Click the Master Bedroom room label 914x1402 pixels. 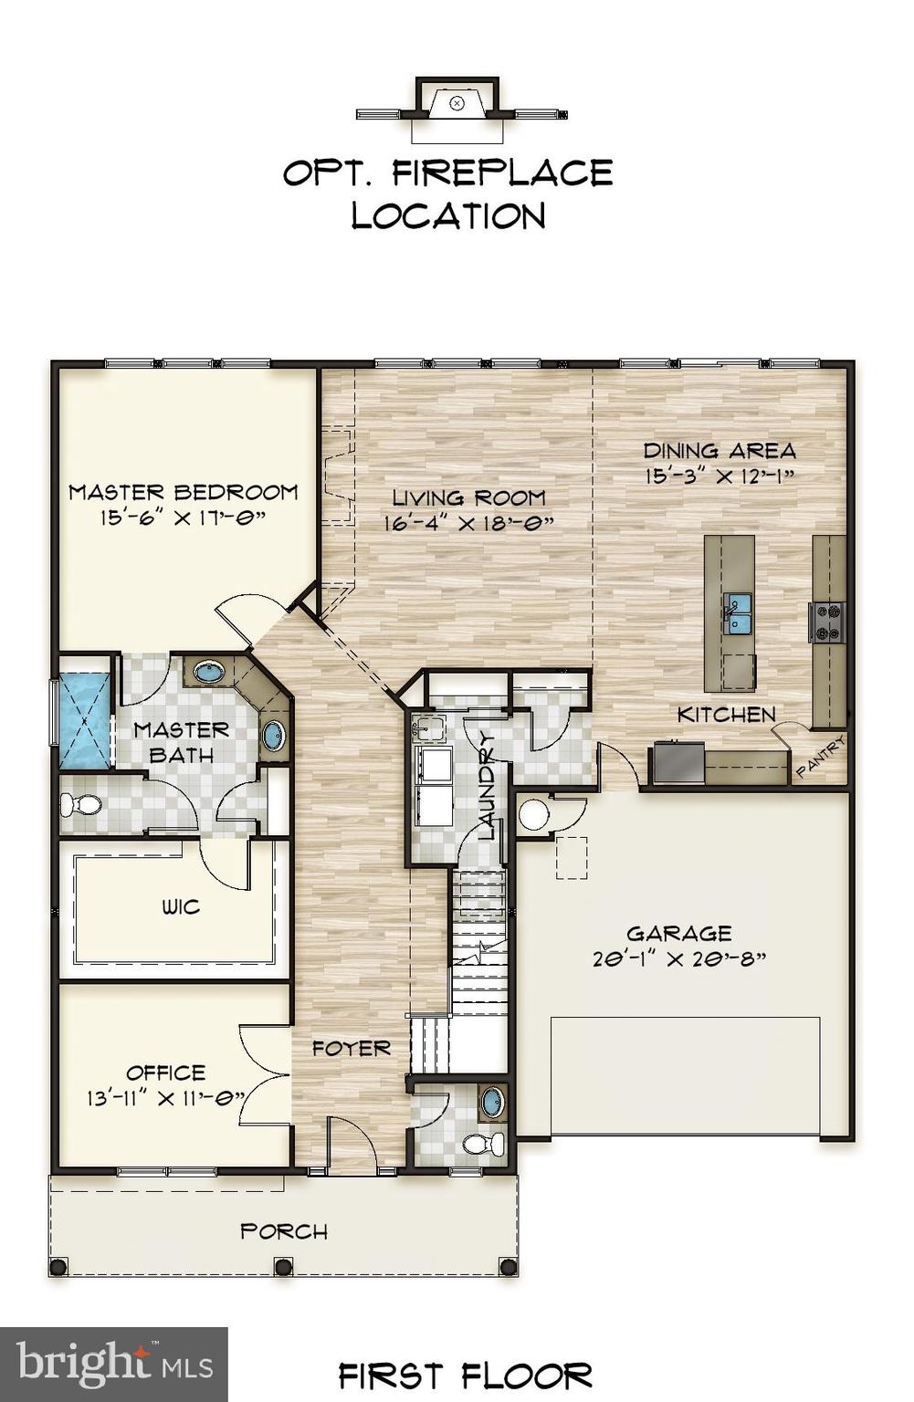coord(184,492)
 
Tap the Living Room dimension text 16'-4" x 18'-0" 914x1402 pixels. coord(469,524)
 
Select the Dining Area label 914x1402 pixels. coord(720,450)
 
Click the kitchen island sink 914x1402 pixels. coord(738,606)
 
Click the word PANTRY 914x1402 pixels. coord(821,758)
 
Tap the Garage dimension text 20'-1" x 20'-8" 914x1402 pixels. coord(679,959)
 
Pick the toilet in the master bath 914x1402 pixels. coord(80,805)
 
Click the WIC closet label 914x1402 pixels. coord(181,907)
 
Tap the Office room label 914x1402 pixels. coord(165,1072)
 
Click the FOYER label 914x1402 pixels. coord(352,1049)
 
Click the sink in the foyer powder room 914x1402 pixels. coord(492,1102)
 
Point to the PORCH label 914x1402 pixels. coord(284,1231)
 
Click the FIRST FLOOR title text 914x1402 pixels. coord(466,1375)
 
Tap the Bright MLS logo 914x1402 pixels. coord(114,1364)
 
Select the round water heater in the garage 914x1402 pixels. coord(533,814)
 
